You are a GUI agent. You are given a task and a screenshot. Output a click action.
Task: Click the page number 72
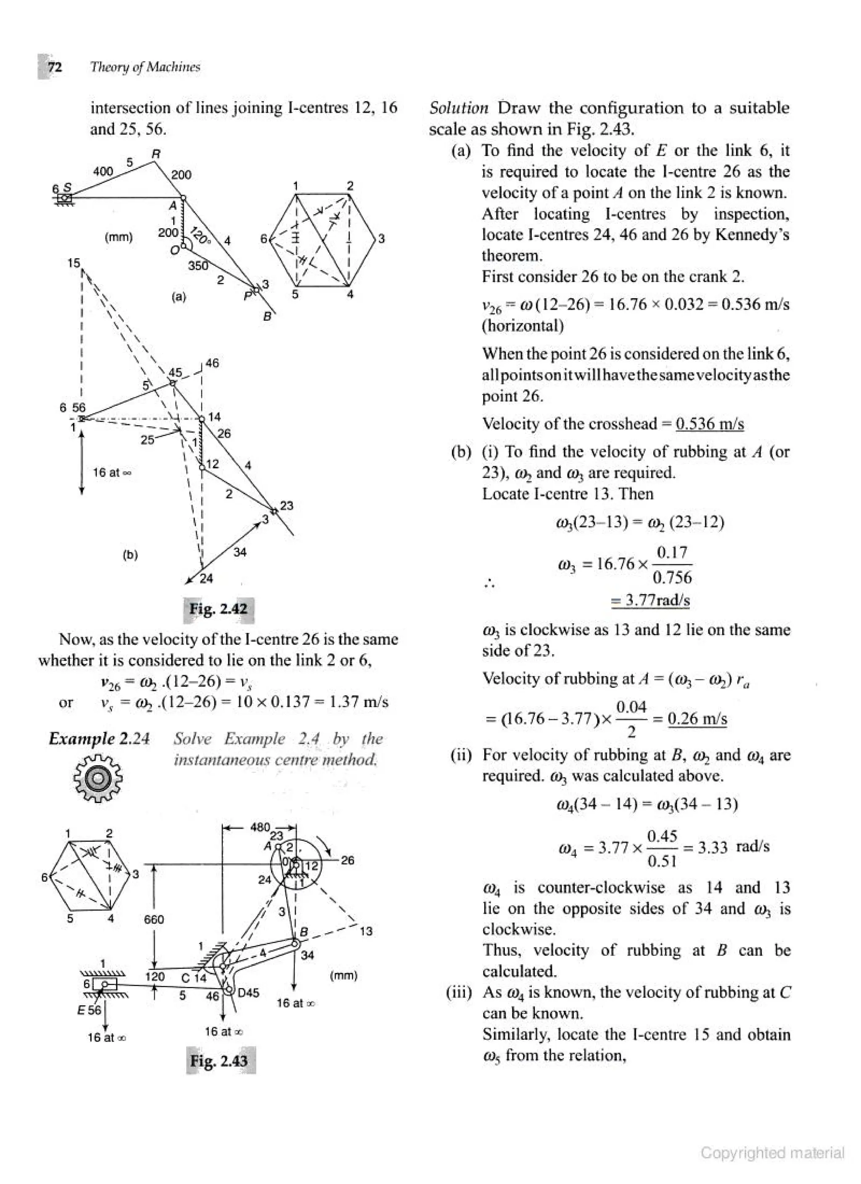coord(54,67)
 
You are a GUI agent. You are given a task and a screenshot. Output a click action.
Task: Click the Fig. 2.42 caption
coord(218,609)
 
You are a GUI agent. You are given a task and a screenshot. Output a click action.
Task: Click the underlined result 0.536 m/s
coord(709,423)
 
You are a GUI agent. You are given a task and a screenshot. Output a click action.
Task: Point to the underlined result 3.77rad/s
coord(650,600)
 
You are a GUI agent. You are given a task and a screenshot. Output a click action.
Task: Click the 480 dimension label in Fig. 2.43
coord(260,827)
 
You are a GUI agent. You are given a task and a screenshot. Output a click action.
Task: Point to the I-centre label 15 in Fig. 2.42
coord(74,263)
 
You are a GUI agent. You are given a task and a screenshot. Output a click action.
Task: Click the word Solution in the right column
coord(458,108)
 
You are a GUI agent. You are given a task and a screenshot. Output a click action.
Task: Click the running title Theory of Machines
coord(145,67)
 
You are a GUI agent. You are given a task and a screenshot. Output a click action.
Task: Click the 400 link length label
coord(103,171)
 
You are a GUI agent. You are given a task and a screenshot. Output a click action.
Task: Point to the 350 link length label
coord(198,265)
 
